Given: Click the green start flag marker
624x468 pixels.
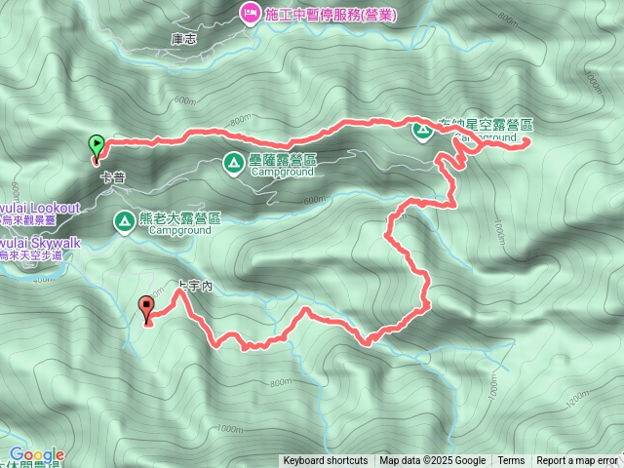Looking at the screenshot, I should (x=97, y=145).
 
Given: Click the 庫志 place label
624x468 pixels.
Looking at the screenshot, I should (x=183, y=40).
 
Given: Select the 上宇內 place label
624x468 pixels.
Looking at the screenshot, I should (x=195, y=287).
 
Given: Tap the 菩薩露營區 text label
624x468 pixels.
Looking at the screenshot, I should (x=283, y=160).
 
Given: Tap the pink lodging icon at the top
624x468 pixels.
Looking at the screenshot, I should (x=248, y=14).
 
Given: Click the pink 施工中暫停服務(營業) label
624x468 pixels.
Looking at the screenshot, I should (x=324, y=14).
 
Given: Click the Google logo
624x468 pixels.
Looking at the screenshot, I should (x=37, y=454).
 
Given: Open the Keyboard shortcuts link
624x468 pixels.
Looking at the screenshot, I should (x=326, y=461).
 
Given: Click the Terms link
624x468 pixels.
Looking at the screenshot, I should (x=511, y=461).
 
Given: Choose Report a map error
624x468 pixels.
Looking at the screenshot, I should (x=577, y=461).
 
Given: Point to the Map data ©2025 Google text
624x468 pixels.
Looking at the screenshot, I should (x=433, y=461).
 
